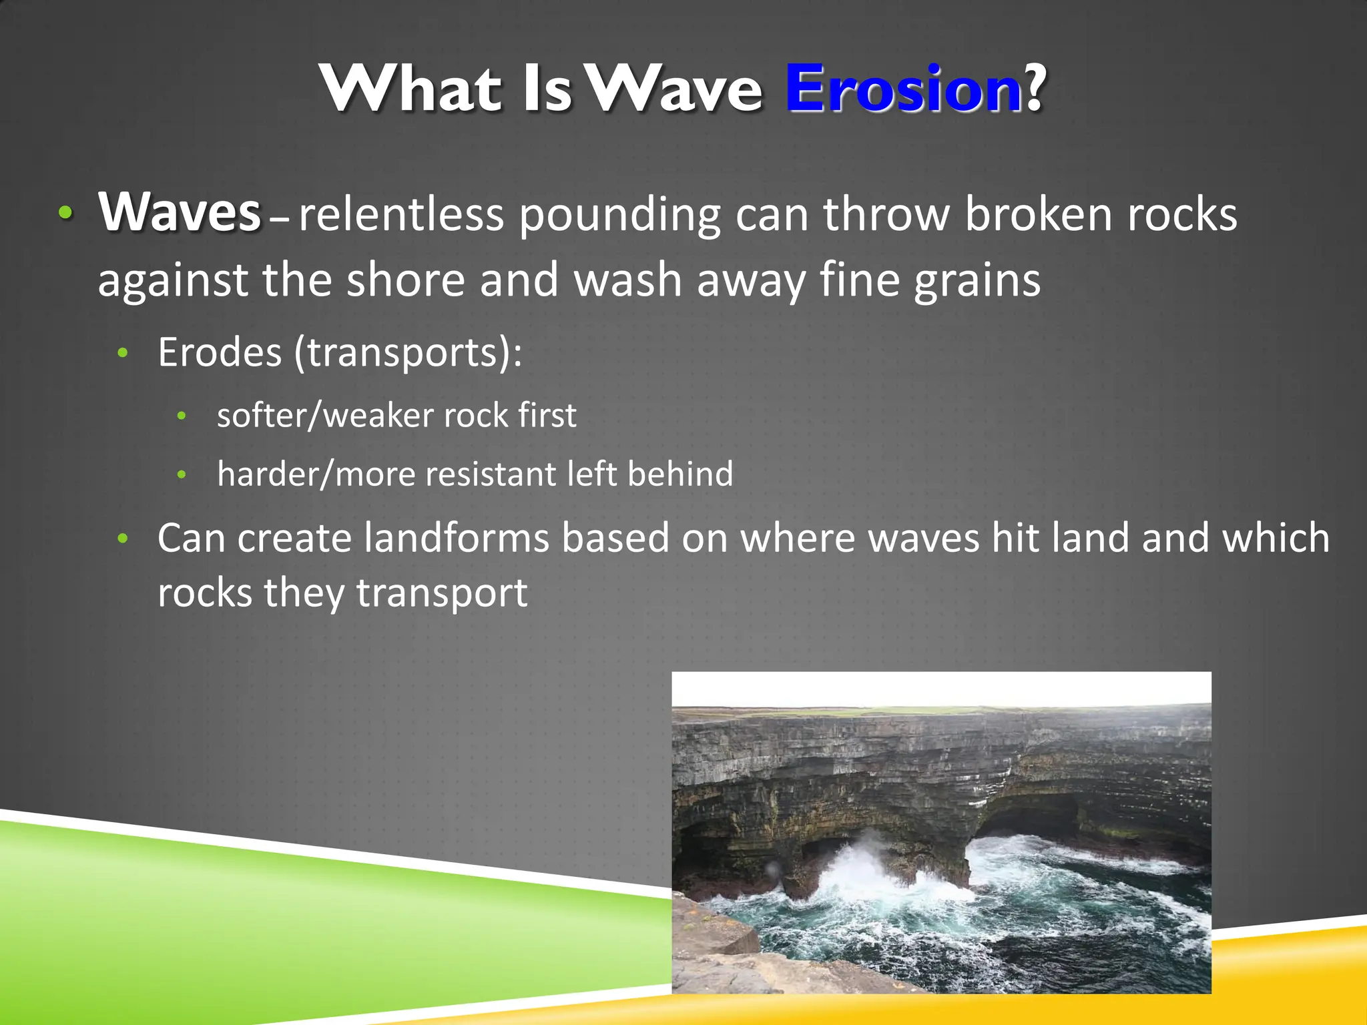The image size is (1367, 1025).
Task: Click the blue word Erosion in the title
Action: point(902,89)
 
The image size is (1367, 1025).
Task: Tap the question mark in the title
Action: point(1035,89)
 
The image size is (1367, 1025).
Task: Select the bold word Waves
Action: point(179,212)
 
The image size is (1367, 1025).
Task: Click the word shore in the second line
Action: point(405,280)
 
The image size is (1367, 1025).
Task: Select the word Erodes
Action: point(220,352)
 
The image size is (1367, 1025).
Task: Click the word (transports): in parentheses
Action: point(408,353)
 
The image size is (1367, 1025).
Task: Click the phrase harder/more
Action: point(316,474)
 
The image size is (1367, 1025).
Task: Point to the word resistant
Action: point(491,474)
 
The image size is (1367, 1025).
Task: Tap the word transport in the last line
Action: point(441,593)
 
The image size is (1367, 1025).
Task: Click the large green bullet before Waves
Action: point(65,213)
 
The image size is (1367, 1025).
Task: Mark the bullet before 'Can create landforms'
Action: point(122,538)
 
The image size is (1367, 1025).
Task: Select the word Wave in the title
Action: point(675,89)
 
